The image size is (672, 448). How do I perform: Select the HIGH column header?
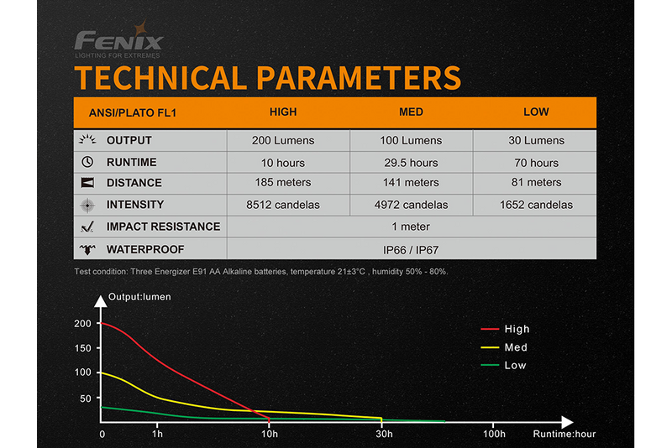(x=283, y=112)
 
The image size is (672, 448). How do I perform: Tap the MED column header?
(x=411, y=112)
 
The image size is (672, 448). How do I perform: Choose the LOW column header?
(x=536, y=112)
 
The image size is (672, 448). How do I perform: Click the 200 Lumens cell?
(x=283, y=140)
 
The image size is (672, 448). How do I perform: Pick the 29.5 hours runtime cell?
(x=411, y=162)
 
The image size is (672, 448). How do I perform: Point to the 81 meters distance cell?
(x=536, y=182)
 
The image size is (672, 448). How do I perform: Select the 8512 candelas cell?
(x=283, y=205)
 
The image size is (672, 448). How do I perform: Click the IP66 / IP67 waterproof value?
(x=411, y=249)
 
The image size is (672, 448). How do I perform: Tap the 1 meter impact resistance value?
(x=411, y=227)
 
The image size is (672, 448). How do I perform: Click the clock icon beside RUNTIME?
(x=87, y=162)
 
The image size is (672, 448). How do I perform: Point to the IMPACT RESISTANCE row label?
(x=163, y=227)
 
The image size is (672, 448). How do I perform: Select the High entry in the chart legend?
(x=517, y=330)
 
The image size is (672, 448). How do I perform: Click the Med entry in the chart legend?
(x=516, y=347)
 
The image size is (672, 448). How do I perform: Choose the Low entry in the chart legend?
(x=515, y=365)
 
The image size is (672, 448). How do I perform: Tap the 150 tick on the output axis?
(x=82, y=347)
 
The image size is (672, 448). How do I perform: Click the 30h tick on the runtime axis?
(x=381, y=433)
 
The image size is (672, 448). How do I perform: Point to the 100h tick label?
(x=495, y=433)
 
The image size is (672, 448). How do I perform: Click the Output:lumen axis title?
(x=140, y=297)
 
